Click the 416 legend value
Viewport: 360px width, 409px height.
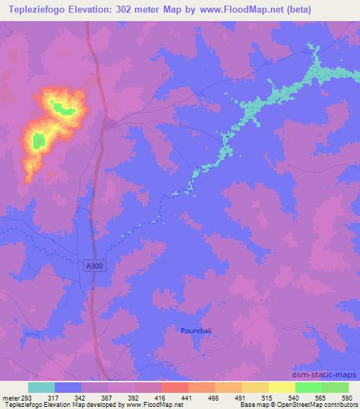point(160,397)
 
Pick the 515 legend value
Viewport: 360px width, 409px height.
point(267,397)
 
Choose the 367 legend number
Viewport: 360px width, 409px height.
point(108,397)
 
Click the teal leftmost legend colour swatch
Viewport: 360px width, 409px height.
point(41,387)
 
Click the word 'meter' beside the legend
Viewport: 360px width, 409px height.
point(10,397)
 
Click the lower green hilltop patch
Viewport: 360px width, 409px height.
point(38,141)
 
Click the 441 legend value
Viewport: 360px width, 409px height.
point(187,397)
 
